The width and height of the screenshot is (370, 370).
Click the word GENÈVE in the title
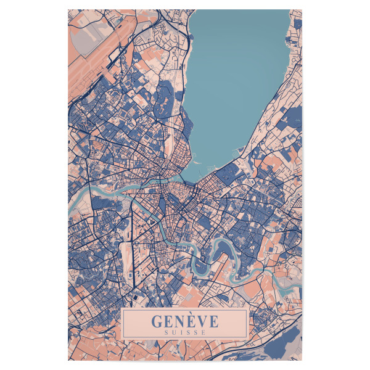[x=184, y=321]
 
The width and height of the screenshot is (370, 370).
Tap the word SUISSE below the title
[x=184, y=332]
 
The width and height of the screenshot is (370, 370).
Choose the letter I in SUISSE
[x=183, y=332]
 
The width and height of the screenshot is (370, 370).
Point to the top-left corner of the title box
[x=123, y=310]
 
